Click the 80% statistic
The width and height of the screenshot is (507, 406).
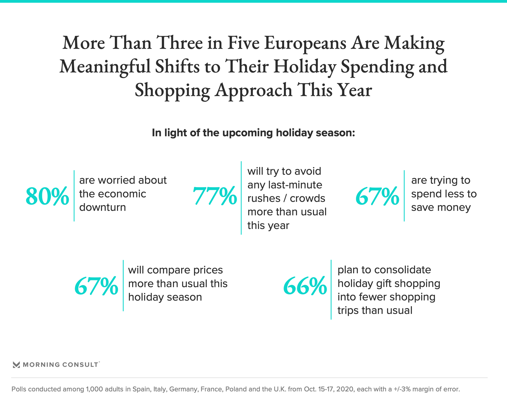[x=47, y=196]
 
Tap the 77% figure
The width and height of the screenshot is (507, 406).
[x=215, y=196]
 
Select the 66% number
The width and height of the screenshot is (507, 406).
[x=305, y=286]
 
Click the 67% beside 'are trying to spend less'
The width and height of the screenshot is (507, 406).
[x=377, y=196]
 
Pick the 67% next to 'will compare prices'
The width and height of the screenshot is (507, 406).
[x=96, y=286]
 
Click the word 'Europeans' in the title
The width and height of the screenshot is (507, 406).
[x=305, y=43]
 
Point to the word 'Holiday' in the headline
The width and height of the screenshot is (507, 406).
[x=305, y=66]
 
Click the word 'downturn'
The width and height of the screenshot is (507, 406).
[x=102, y=207]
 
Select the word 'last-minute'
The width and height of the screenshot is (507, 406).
[x=295, y=185]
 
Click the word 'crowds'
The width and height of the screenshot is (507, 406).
[x=307, y=199]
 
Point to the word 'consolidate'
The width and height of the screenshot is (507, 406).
[x=402, y=270]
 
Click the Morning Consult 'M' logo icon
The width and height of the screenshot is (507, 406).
[x=16, y=365]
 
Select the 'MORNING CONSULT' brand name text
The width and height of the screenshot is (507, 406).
[x=60, y=365]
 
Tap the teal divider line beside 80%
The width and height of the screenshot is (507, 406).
[x=74, y=196]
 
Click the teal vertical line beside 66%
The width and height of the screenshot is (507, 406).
[x=331, y=290]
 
